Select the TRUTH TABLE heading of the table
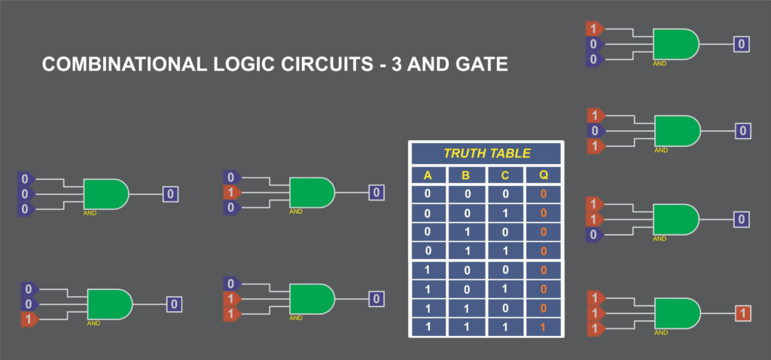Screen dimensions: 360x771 pyautogui.click(x=487, y=154)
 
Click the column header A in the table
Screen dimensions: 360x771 pyautogui.click(x=428, y=176)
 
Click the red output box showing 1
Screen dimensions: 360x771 pyautogui.click(x=742, y=312)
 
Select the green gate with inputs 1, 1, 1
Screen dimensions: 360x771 pyautogui.click(x=676, y=313)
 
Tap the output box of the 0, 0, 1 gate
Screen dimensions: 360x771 pyautogui.click(x=173, y=304)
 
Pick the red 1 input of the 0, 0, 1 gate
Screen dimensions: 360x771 pyautogui.click(x=29, y=319)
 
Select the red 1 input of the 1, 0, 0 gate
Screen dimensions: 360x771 pyautogui.click(x=596, y=29)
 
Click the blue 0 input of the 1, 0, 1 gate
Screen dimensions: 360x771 pyautogui.click(x=596, y=131)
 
